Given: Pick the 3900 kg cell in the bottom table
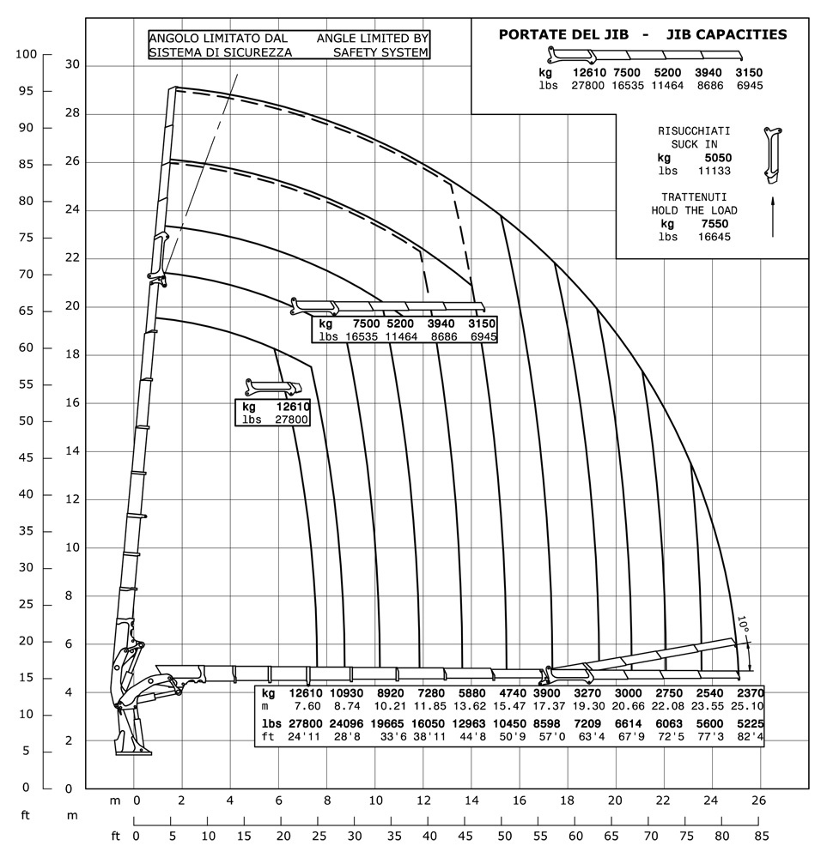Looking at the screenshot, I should pos(546,692).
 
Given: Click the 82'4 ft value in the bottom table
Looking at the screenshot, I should pos(747,736).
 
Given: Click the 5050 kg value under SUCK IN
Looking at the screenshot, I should pos(715,158).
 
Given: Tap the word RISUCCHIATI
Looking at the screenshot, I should pos(694,131).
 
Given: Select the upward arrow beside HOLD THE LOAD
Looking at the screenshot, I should pos(773,215).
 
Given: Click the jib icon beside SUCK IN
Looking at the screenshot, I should pos(772,154).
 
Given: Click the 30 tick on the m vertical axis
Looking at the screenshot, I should pos(72,64).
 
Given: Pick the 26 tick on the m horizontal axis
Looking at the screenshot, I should pos(757,800).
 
